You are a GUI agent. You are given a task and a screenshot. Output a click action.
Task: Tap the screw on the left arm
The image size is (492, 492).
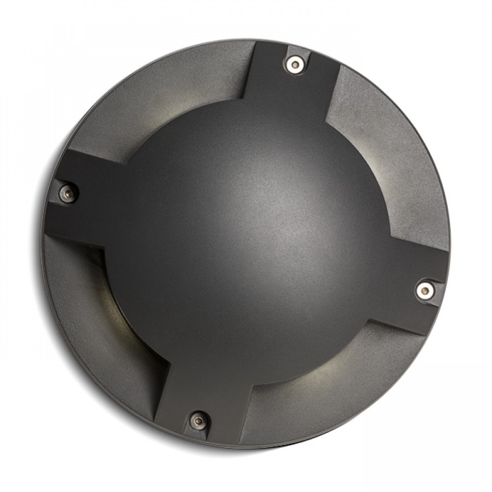68,193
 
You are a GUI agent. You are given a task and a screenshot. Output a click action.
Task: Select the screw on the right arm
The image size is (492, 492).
425,290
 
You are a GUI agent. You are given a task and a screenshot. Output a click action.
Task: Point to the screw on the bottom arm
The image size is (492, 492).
198,421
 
